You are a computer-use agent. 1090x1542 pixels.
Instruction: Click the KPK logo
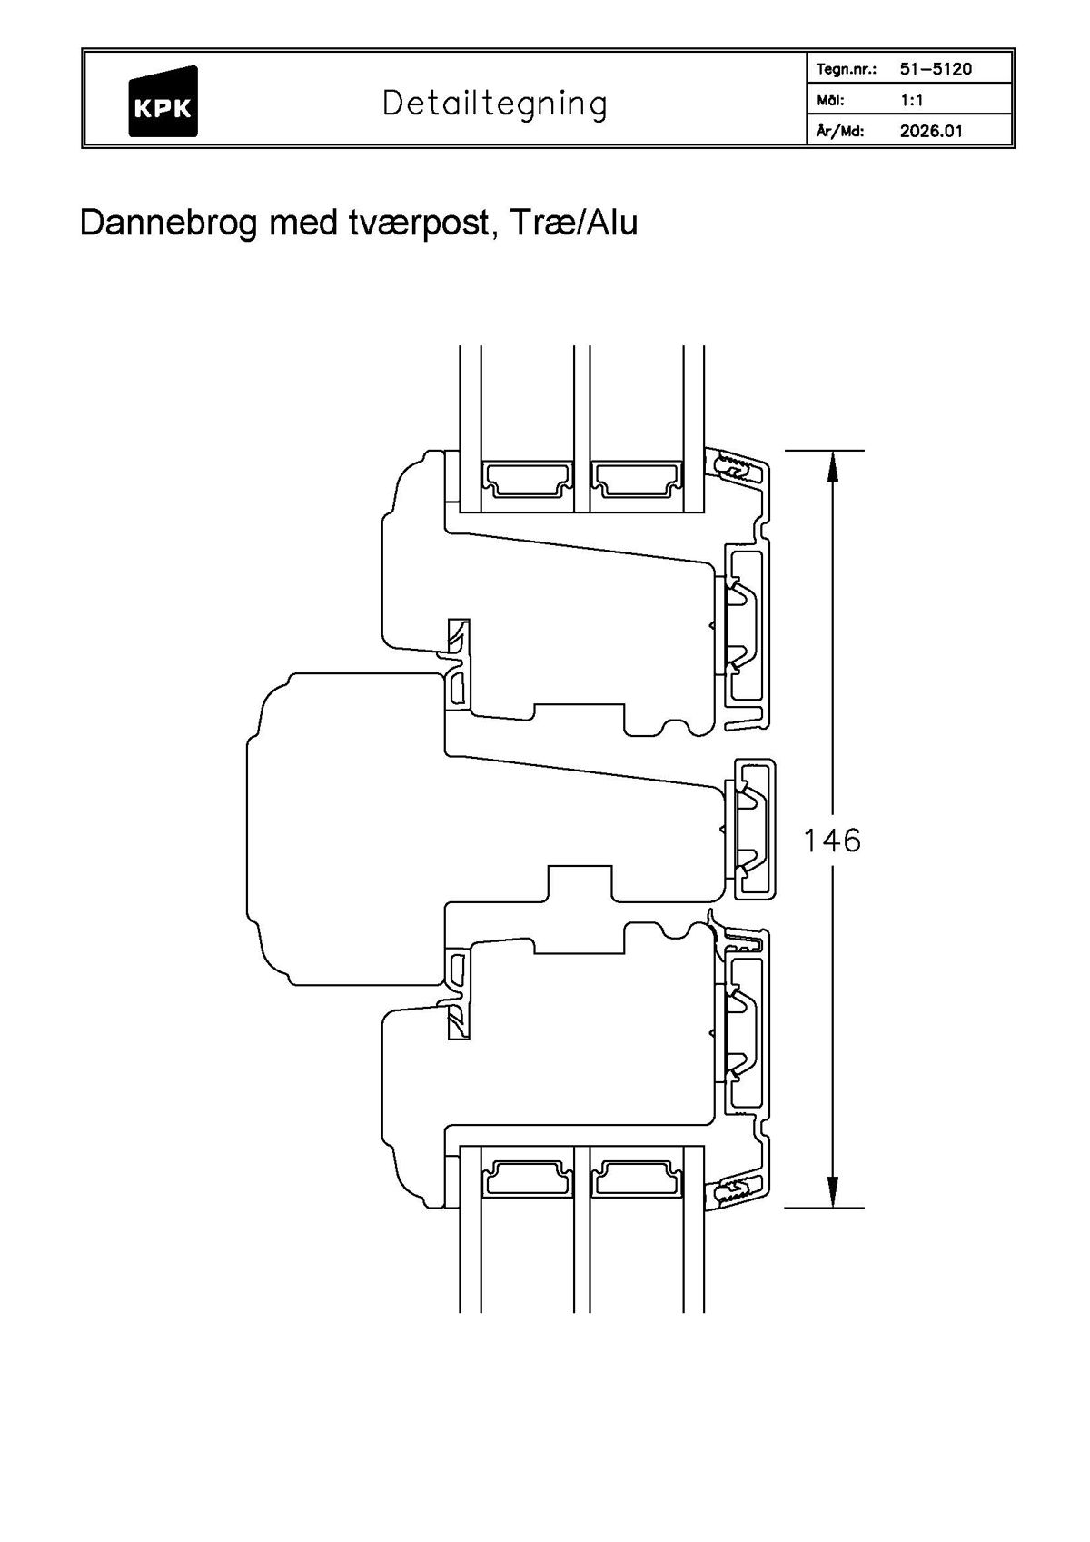coord(163,102)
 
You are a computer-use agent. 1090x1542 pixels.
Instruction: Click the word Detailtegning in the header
coord(494,104)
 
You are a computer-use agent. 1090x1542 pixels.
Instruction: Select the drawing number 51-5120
coord(936,69)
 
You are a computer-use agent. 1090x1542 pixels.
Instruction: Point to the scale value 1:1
coord(911,100)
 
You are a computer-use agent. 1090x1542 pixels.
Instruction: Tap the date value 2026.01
coord(931,131)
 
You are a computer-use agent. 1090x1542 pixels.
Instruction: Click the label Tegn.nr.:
coord(846,69)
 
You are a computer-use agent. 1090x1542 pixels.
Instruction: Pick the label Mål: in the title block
coord(831,100)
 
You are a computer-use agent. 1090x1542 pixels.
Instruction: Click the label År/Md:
coord(840,131)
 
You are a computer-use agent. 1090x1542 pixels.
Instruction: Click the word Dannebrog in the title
coord(170,224)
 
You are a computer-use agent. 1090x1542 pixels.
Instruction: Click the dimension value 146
coord(831,841)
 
